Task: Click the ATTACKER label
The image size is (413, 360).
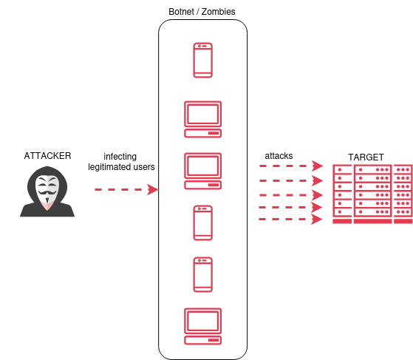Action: pyautogui.click(x=47, y=156)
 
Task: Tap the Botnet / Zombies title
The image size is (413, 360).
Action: pyautogui.click(x=202, y=12)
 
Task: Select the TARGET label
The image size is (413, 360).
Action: pyautogui.click(x=366, y=157)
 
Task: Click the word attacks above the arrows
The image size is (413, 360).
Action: pyautogui.click(x=279, y=156)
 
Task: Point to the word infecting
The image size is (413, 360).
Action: pyautogui.click(x=120, y=157)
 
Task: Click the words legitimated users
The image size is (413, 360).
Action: pyautogui.click(x=121, y=167)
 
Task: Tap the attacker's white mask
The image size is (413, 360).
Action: pyautogui.click(x=47, y=189)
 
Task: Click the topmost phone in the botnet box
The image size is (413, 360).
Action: pyautogui.click(x=203, y=61)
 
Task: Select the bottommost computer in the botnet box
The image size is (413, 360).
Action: pyautogui.click(x=203, y=326)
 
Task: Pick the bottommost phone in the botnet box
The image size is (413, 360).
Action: pyautogui.click(x=203, y=274)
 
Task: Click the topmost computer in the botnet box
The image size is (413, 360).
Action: pyautogui.click(x=203, y=120)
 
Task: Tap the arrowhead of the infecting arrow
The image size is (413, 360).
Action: pyautogui.click(x=152, y=189)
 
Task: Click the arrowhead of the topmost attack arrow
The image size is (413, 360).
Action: pyautogui.click(x=318, y=166)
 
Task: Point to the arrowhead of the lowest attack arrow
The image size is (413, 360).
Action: pyautogui.click(x=317, y=219)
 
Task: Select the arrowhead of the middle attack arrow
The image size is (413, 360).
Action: pyautogui.click(x=318, y=195)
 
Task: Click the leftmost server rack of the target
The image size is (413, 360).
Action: pyautogui.click(x=342, y=194)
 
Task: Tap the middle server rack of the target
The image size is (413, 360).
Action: pyautogui.click(x=372, y=194)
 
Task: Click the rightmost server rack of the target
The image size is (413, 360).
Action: pyautogui.click(x=403, y=194)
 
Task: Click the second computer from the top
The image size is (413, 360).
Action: pyautogui.click(x=203, y=171)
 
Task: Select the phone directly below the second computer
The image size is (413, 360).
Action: pyautogui.click(x=203, y=223)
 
